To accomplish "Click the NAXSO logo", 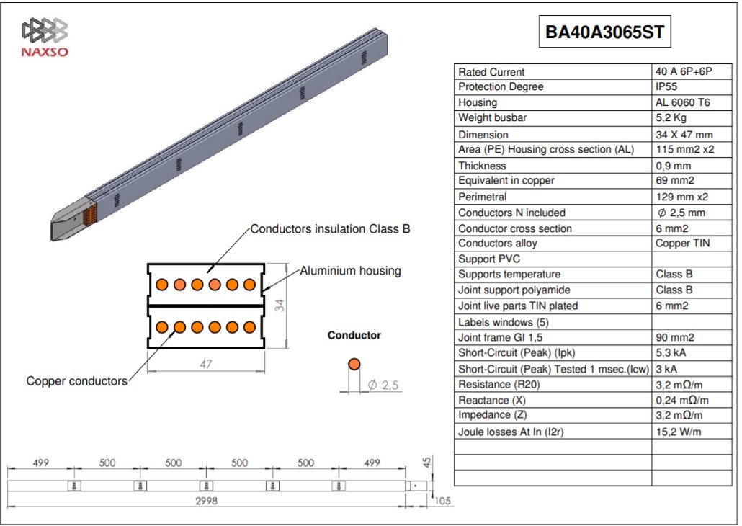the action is (x=45, y=38).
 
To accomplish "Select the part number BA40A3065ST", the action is (x=605, y=32).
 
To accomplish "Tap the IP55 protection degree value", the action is (x=666, y=86).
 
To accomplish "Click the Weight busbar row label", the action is (x=492, y=118).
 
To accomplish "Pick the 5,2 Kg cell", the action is (x=671, y=118).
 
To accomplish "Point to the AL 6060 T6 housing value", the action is (x=682, y=102).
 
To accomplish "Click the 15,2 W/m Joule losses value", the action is (x=678, y=432).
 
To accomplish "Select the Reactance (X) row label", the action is (x=492, y=400).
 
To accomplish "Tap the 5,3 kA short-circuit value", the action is (x=671, y=353).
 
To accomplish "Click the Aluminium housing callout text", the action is (x=350, y=271).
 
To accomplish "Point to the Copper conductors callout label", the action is (x=76, y=381).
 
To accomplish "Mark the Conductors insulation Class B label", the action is (x=330, y=229).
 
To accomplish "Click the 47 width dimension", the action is (x=205, y=364).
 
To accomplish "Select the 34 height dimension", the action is (x=280, y=306).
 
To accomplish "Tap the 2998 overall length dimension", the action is (x=206, y=501).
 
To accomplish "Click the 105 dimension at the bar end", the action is (x=442, y=501).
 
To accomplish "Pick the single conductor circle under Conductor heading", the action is (x=354, y=364).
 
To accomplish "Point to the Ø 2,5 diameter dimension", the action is (x=383, y=385).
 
